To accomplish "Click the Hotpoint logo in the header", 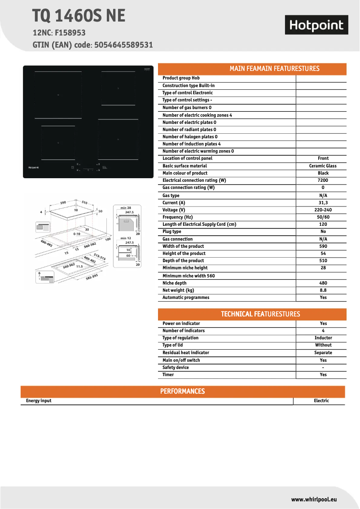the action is [316, 26].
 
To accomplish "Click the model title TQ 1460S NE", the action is [79, 16].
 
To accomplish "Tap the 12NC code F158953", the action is [70, 33].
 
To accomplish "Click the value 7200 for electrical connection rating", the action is [323, 180].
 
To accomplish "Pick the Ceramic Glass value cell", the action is [323, 166].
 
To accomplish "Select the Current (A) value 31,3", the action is [323, 203].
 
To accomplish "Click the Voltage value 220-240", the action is [323, 210].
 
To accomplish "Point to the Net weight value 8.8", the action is [323, 290].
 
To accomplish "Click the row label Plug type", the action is [172, 232].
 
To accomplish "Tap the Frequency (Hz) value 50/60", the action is [323, 217].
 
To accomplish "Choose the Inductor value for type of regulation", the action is [323, 338].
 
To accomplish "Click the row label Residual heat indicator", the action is [185, 353].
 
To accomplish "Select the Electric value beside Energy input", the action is [321, 401].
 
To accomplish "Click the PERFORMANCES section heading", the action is [182, 391].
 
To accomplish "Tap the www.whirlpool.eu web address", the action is [314, 499].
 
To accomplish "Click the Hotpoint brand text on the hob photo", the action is [34, 167].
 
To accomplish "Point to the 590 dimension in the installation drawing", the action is [63, 202].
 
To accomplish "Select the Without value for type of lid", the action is [323, 345].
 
